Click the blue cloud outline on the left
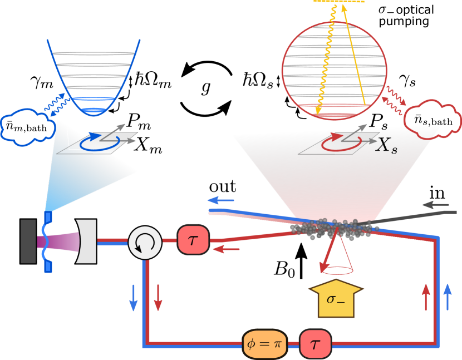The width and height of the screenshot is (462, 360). [25, 127]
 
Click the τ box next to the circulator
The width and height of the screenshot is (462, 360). [193, 240]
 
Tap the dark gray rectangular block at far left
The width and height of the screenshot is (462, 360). [28, 241]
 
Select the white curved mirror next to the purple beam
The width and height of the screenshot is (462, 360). [87, 241]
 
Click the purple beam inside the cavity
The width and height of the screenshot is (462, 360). [58, 241]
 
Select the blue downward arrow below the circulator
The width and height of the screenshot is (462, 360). [134, 297]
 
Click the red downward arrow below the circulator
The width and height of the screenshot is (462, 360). [158, 297]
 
